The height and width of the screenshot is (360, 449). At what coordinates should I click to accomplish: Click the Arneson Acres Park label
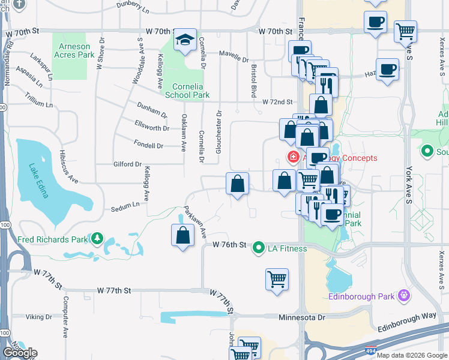pyautogui.click(x=74, y=50)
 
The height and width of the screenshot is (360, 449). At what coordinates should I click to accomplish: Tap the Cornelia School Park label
pyautogui.click(x=187, y=91)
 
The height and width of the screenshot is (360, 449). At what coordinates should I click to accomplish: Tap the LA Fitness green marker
pyautogui.click(x=259, y=247)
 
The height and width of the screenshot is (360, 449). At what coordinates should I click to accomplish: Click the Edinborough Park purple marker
pyautogui.click(x=403, y=295)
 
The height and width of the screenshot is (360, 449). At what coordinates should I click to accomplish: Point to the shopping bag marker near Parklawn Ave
pyautogui.click(x=182, y=235)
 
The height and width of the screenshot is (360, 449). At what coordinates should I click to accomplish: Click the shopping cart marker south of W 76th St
pyautogui.click(x=277, y=279)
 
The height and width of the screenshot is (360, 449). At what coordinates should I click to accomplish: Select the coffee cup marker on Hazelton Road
pyautogui.click(x=387, y=69)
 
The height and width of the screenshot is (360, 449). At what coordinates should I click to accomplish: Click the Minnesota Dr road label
pyautogui.click(x=301, y=316)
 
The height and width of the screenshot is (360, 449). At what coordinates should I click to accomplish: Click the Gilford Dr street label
pyautogui.click(x=127, y=164)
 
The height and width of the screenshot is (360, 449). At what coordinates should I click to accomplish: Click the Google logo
pyautogui.click(x=20, y=353)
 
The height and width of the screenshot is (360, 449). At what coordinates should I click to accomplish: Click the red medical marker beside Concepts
pyautogui.click(x=293, y=158)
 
